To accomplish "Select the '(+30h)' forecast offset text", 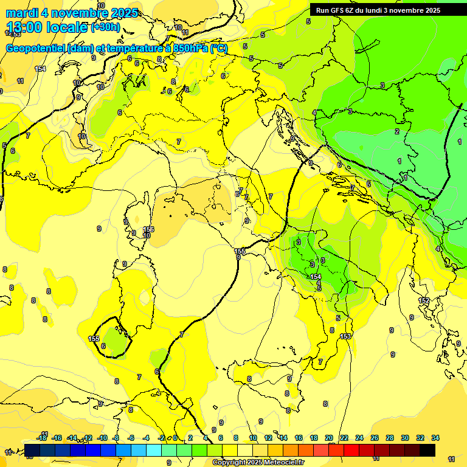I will [x=105, y=27].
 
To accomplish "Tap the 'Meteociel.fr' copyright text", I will [x=282, y=463].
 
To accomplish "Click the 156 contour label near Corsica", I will [x=148, y=229].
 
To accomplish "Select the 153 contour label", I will [x=346, y=336].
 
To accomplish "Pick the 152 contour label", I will [x=424, y=301].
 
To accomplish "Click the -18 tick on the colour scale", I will [x=42, y=438].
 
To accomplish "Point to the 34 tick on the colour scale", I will [x=435, y=438].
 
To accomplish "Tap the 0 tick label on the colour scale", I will [x=176, y=438].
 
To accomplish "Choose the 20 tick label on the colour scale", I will [x=329, y=438].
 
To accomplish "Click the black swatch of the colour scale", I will [x=427, y=450].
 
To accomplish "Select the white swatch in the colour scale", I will [x=244, y=450].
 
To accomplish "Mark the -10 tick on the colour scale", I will [x=102, y=438].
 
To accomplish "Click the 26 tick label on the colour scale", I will [x=375, y=438].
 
